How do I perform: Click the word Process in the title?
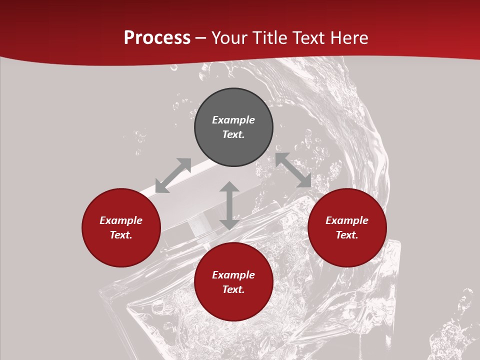[157, 38]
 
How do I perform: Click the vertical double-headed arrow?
[229, 205]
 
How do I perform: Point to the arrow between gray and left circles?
[173, 175]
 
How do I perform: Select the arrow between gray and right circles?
[293, 170]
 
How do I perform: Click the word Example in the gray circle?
[233, 120]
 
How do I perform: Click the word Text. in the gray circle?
[233, 134]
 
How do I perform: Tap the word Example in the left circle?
[121, 220]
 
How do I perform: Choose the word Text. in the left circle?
[121, 235]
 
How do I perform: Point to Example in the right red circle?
[347, 220]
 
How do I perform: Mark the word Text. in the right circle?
[347, 235]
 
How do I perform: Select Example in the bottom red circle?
[233, 275]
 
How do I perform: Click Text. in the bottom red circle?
[233, 289]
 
